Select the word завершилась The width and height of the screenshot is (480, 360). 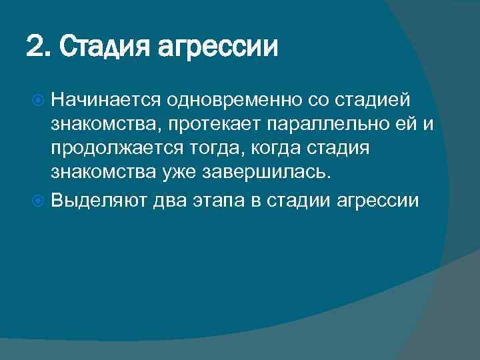pos(267,174)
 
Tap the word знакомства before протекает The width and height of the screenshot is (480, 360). pos(103,125)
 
